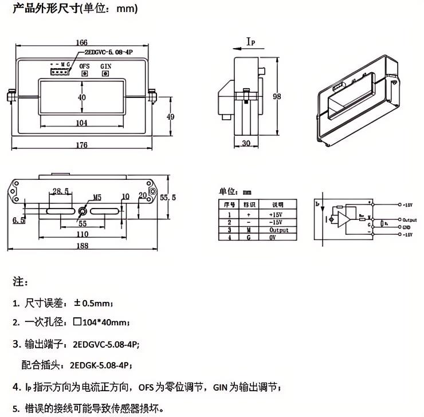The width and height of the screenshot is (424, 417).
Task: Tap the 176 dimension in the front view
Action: click(81, 145)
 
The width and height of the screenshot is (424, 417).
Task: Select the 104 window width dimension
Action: click(81, 123)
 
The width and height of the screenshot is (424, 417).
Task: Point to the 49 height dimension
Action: click(170, 116)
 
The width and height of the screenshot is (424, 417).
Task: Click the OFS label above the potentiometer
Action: click(84, 66)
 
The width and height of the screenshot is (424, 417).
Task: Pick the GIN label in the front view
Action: click(106, 66)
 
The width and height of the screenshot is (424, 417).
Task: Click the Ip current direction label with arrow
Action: click(249, 42)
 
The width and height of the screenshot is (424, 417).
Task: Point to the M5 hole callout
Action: click(97, 198)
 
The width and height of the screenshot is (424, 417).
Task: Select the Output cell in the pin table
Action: click(278, 230)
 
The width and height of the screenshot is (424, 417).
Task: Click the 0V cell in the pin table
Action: click(273, 238)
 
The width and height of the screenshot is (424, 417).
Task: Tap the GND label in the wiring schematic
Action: click(407, 227)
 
